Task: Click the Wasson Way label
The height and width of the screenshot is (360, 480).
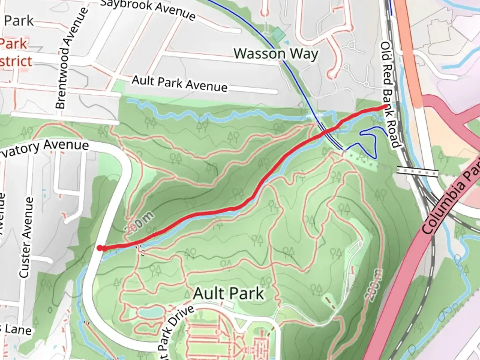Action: coord(276,54)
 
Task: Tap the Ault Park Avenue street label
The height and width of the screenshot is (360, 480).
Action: coord(179,83)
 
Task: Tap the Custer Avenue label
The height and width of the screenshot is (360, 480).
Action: coord(26,237)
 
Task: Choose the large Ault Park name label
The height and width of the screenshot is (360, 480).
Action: coord(229,294)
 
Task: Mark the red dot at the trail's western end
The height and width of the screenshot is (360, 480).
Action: coord(100,247)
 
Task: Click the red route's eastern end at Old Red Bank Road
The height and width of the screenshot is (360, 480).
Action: coord(386,106)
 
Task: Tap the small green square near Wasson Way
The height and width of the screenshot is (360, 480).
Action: coord(278,34)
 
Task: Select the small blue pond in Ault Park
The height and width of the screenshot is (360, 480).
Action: coord(151,313)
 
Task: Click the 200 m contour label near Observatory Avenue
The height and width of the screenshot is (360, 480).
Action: coord(139,222)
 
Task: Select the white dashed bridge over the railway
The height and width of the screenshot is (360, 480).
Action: coord(417,172)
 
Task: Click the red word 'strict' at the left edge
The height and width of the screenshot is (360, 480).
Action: coord(16,62)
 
